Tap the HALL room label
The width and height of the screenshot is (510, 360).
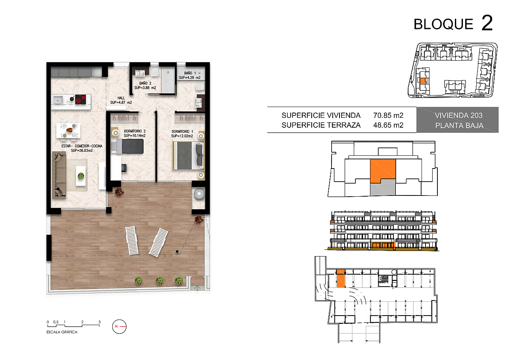[x=121, y=98]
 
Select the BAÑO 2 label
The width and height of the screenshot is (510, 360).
[x=145, y=83]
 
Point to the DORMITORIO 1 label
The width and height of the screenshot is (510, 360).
[x=182, y=132]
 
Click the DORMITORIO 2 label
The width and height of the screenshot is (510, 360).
[x=134, y=131]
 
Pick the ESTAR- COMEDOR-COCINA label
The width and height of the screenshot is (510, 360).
[x=82, y=146]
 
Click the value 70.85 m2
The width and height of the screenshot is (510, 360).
[x=388, y=115]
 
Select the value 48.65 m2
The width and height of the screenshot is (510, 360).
[x=388, y=125]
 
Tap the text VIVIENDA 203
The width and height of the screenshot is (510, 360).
[x=458, y=115]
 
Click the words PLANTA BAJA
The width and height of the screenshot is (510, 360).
[x=459, y=125]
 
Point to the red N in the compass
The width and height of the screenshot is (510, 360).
[x=116, y=326]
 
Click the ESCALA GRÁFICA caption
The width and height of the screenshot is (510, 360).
[x=62, y=332]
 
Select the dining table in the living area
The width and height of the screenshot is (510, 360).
[x=68, y=130]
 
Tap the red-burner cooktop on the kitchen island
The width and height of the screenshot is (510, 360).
[x=81, y=100]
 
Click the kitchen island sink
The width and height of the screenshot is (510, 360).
[x=58, y=100]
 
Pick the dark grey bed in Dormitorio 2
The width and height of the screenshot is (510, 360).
[x=128, y=146]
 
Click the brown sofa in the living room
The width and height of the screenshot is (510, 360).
[x=59, y=175]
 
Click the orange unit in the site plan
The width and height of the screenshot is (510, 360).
[x=423, y=81]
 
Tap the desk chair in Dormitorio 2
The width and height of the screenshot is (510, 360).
[x=124, y=168]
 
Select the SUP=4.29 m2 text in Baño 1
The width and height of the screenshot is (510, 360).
[x=190, y=78]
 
